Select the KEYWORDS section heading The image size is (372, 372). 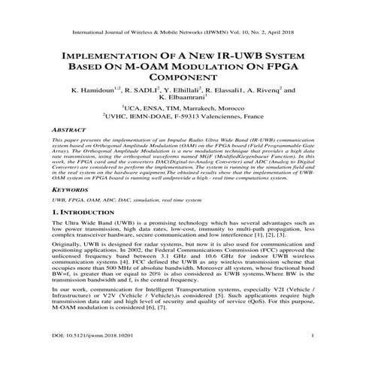[64, 192]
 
